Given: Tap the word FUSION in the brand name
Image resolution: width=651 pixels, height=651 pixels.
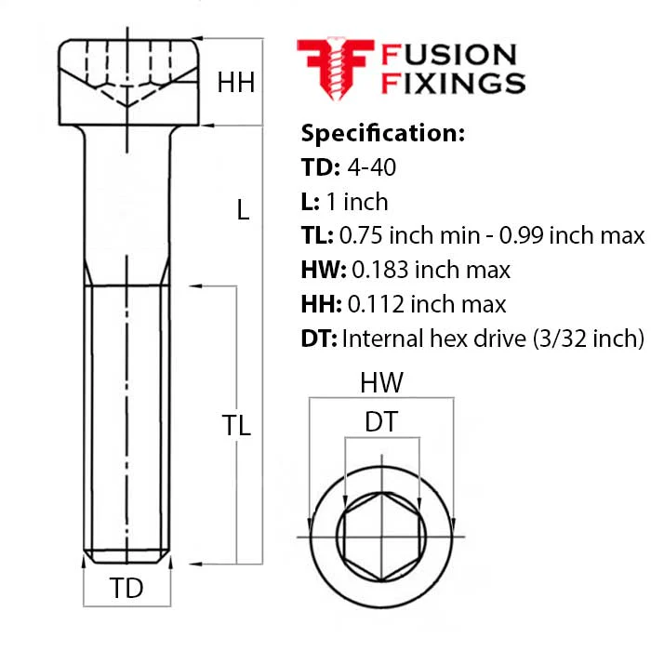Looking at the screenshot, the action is tap(449, 55).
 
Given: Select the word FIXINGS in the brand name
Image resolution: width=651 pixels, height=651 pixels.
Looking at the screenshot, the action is tap(454, 83).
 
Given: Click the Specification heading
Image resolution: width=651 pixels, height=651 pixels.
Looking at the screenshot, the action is tap(383, 133).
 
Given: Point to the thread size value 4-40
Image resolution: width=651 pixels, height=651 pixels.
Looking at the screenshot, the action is tap(372, 167).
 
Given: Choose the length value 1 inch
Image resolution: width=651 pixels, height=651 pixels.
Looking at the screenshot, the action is tap(357, 202).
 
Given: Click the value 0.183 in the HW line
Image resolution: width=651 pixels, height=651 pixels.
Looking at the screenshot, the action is tap(380, 270).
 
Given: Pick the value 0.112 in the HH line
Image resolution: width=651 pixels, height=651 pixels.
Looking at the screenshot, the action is tap(376, 304).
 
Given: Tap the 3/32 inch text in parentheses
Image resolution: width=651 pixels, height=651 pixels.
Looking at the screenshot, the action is tap(588, 339).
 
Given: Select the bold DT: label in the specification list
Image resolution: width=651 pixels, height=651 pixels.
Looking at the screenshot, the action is tap(319, 339).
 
